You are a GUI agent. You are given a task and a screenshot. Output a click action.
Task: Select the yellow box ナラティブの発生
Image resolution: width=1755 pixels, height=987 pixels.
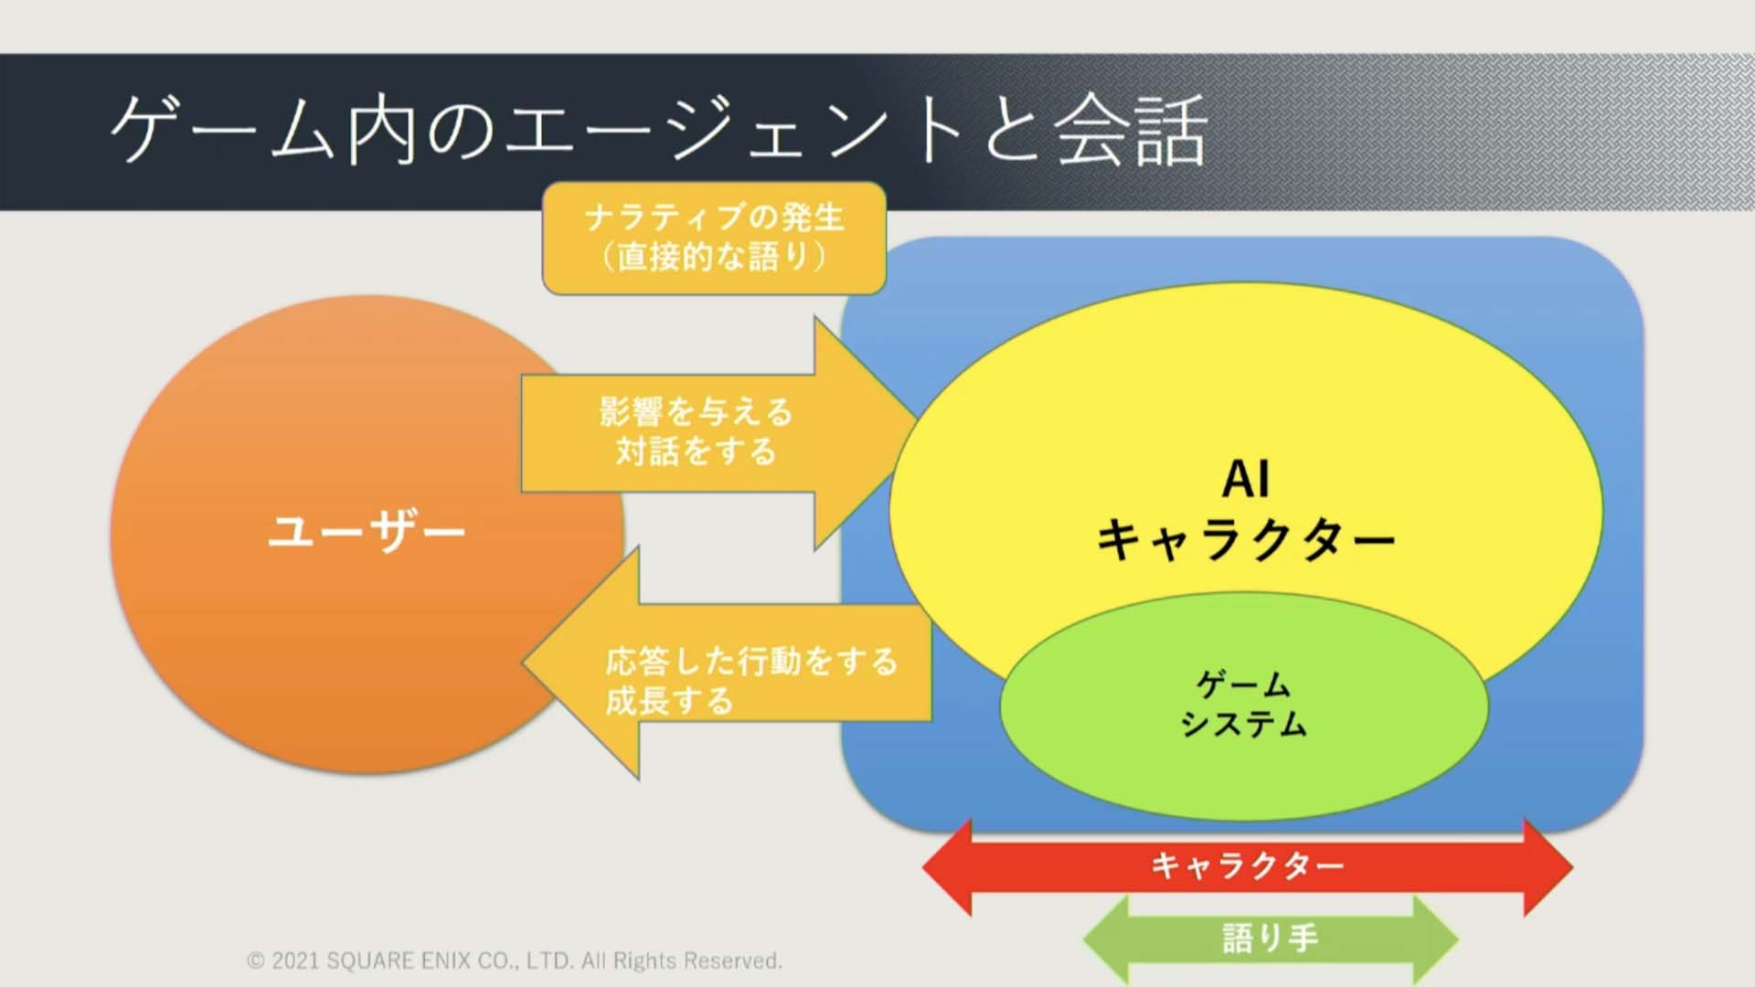714,238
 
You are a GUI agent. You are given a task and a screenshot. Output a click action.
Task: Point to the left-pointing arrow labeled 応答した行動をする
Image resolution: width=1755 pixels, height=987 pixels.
727,663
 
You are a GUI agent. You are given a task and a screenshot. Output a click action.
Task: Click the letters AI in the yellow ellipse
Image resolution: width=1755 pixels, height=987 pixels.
1246,479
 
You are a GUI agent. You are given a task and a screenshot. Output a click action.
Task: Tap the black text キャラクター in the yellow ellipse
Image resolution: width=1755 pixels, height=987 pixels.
1246,539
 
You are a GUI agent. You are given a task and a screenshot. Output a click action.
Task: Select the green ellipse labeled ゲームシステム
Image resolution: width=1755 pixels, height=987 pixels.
1244,705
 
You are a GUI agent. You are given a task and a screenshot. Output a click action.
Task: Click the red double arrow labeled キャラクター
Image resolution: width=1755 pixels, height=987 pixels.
1248,865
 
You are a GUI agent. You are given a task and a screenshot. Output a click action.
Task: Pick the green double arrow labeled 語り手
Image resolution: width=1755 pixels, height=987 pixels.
1271,939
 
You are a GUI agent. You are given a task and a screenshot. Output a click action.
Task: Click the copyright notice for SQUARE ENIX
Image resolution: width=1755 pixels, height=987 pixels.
515,960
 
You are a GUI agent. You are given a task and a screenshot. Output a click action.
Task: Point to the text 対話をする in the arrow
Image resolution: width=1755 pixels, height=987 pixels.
696,451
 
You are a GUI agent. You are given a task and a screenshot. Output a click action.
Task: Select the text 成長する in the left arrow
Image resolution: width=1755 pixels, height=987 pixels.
669,701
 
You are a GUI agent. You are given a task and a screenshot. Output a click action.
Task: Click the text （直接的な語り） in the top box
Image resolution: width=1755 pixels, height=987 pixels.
714,257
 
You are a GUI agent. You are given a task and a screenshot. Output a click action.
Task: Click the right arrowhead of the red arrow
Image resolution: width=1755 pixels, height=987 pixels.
1548,867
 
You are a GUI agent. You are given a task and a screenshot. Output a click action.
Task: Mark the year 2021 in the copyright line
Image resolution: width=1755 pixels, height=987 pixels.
295,961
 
